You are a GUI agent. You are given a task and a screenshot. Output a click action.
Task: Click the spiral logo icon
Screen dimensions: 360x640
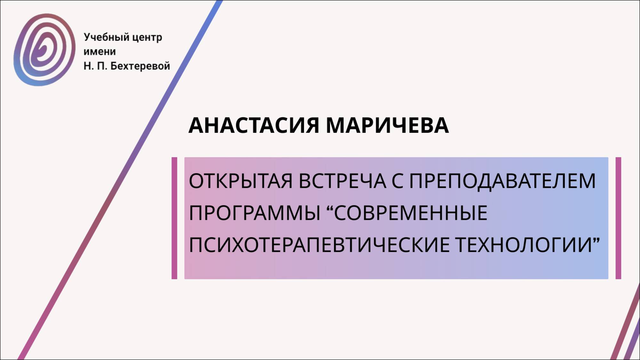pos(44,50)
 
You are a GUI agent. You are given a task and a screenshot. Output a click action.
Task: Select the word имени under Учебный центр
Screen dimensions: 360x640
pos(100,52)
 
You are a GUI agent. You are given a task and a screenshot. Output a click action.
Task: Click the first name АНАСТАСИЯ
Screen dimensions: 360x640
pos(254,125)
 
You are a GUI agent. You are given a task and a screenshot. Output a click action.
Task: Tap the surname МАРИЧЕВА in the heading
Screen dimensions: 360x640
pos(387,125)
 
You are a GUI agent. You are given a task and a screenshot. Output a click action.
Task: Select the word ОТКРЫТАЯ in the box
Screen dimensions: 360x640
pos(241,181)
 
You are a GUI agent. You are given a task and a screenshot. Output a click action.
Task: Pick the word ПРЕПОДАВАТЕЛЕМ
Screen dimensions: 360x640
pos(502,181)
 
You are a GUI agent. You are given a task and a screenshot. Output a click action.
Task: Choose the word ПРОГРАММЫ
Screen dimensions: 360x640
pos(254,213)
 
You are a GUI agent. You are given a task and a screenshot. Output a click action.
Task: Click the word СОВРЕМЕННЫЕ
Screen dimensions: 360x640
pos(411,213)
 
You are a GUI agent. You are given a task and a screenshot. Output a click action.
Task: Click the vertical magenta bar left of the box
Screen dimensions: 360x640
pos(174,218)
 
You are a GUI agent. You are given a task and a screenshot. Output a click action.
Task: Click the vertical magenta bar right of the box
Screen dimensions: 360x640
pos(618,218)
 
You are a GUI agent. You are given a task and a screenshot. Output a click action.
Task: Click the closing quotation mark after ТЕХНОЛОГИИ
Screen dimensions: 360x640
pos(596,239)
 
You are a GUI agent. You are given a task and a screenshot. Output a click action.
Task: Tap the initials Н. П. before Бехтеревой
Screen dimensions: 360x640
pos(95,66)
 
